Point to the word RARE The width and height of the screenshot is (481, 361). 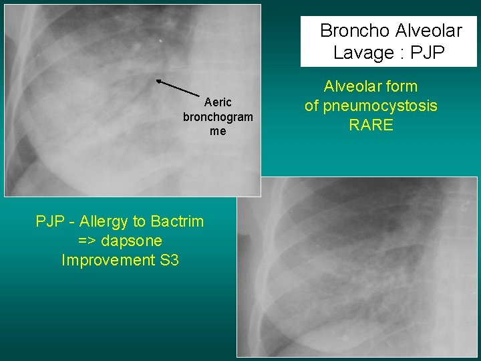371,125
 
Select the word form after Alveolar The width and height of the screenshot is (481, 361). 402,86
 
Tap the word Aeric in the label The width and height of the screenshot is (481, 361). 218,102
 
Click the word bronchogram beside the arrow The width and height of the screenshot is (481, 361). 218,117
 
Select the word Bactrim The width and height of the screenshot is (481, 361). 177,221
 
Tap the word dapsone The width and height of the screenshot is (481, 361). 134,241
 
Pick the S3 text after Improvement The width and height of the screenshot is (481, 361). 170,260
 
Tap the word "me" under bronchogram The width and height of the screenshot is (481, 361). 218,132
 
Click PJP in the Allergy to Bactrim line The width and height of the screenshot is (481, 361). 49,221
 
